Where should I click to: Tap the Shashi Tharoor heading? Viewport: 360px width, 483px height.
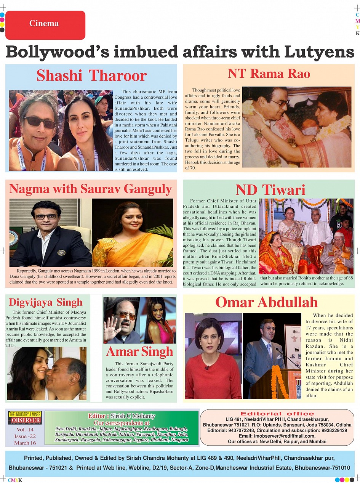coord(91,75)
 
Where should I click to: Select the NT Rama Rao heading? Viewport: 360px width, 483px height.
coord(269,74)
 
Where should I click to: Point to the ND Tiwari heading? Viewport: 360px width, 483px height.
coord(270,190)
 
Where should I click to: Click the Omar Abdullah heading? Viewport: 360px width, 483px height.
coord(266,302)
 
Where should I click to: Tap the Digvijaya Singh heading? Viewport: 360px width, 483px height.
coord(45,303)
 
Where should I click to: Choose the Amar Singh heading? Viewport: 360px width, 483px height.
coord(139,351)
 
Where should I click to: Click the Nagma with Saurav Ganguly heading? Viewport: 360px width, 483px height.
coord(90,189)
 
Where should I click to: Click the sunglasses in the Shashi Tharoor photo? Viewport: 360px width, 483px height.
coord(40,122)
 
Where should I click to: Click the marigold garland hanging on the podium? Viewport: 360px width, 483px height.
coord(279,381)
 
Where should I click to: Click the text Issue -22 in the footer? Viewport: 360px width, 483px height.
coord(25,436)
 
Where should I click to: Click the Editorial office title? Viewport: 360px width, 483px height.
coord(277,414)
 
